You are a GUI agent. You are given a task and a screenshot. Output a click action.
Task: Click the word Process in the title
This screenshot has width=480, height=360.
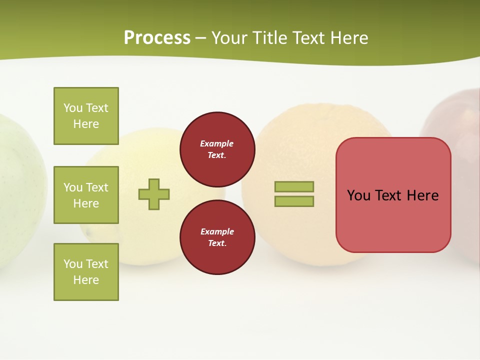(x=157, y=38)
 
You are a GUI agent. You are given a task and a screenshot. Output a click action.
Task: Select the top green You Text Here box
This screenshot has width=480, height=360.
(x=86, y=116)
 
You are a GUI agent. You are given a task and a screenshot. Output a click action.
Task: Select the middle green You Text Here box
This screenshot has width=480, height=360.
(x=86, y=195)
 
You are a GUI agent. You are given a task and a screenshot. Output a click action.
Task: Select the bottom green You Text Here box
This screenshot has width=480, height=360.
(x=86, y=272)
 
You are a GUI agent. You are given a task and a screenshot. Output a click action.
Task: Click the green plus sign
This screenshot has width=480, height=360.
(x=154, y=194)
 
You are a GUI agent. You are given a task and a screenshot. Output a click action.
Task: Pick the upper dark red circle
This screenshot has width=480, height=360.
(x=217, y=149)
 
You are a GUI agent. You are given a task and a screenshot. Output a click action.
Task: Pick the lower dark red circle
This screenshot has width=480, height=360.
(x=217, y=237)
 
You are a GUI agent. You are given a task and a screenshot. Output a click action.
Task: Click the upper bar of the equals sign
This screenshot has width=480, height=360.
(x=294, y=186)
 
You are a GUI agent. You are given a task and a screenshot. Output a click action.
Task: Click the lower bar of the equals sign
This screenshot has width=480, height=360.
(x=294, y=201)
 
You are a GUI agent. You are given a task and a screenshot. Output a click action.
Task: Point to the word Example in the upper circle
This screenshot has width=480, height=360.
(x=216, y=143)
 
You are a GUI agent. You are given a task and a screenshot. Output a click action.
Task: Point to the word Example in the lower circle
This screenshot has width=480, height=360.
(x=216, y=231)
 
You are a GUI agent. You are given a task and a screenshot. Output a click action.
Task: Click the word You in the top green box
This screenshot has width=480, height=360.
(x=73, y=108)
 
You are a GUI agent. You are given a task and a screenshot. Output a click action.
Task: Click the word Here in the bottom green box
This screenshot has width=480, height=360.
(x=86, y=280)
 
